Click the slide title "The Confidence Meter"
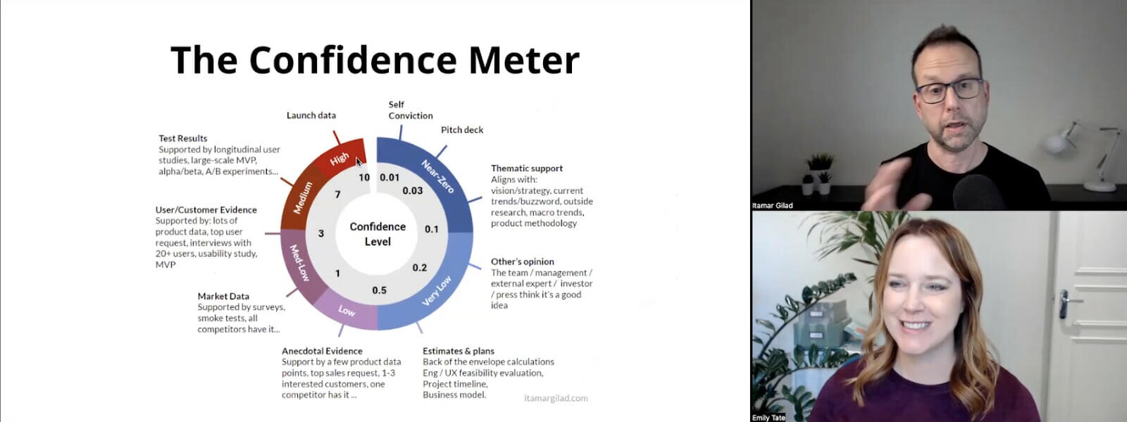[375, 60]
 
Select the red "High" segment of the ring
[339, 156]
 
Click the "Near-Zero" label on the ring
[437, 177]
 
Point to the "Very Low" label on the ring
[436, 291]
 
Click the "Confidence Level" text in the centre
[378, 234]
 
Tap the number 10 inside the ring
[364, 177]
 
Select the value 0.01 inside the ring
[390, 177]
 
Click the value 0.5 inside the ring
[380, 290]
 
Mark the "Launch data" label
[311, 115]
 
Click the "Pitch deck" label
[462, 130]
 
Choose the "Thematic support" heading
[527, 168]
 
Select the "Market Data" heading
[223, 297]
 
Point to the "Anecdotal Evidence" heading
[322, 351]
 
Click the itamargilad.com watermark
[556, 398]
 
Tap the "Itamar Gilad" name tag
[772, 205]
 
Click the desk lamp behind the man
[1082, 155]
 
